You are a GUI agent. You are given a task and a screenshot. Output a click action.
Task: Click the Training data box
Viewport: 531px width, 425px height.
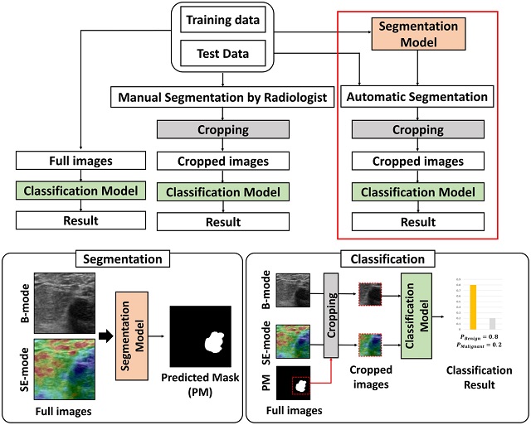click(222, 20)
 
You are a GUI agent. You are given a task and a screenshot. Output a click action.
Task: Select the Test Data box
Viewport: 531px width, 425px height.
click(222, 54)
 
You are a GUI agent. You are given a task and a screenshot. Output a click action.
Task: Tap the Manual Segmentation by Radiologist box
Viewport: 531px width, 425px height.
click(222, 99)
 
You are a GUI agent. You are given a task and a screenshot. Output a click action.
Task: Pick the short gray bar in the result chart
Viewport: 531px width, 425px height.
click(492, 324)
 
